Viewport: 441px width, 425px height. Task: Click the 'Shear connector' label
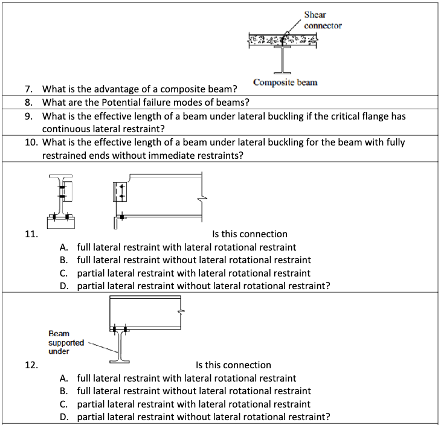click(323, 20)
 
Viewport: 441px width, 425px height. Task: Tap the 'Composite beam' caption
click(285, 82)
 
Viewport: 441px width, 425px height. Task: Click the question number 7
click(28, 89)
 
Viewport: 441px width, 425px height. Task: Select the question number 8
click(28, 102)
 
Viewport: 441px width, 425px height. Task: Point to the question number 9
click(28, 115)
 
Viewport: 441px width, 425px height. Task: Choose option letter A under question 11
click(63, 247)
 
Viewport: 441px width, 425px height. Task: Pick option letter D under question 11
click(63, 286)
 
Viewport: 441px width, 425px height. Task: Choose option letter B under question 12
click(63, 391)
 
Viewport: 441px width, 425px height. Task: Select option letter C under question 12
click(63, 404)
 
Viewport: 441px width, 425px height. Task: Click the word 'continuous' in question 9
click(65, 129)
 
